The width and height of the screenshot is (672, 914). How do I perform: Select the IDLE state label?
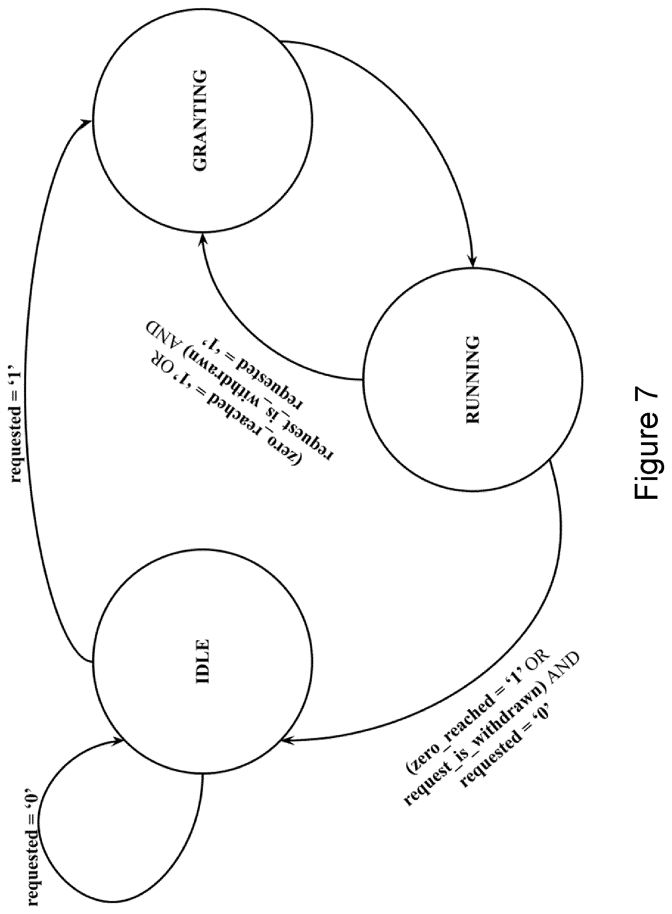(x=201, y=662)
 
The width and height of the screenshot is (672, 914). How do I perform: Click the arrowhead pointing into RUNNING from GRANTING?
(x=472, y=261)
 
